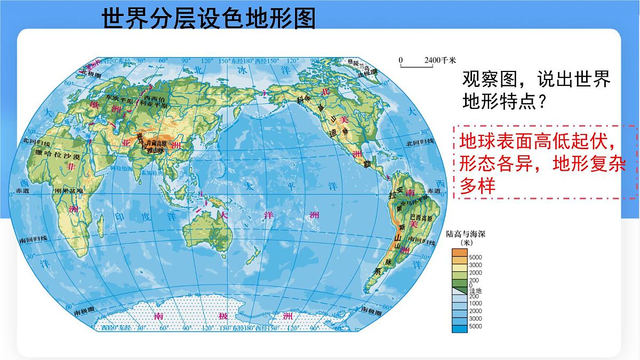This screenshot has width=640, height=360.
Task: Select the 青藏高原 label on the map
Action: [157, 143]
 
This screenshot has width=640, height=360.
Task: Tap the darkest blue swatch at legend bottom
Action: [459, 329]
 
